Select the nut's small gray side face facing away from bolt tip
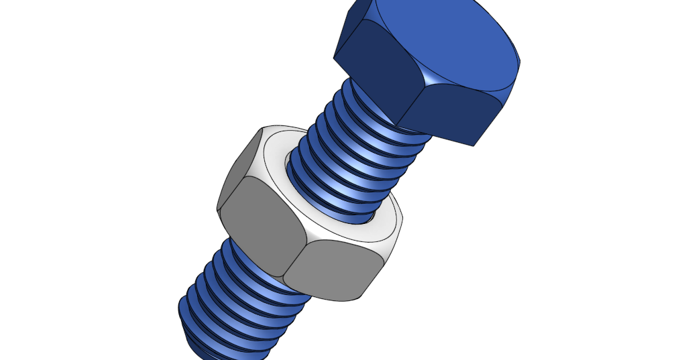coord(238,168)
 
